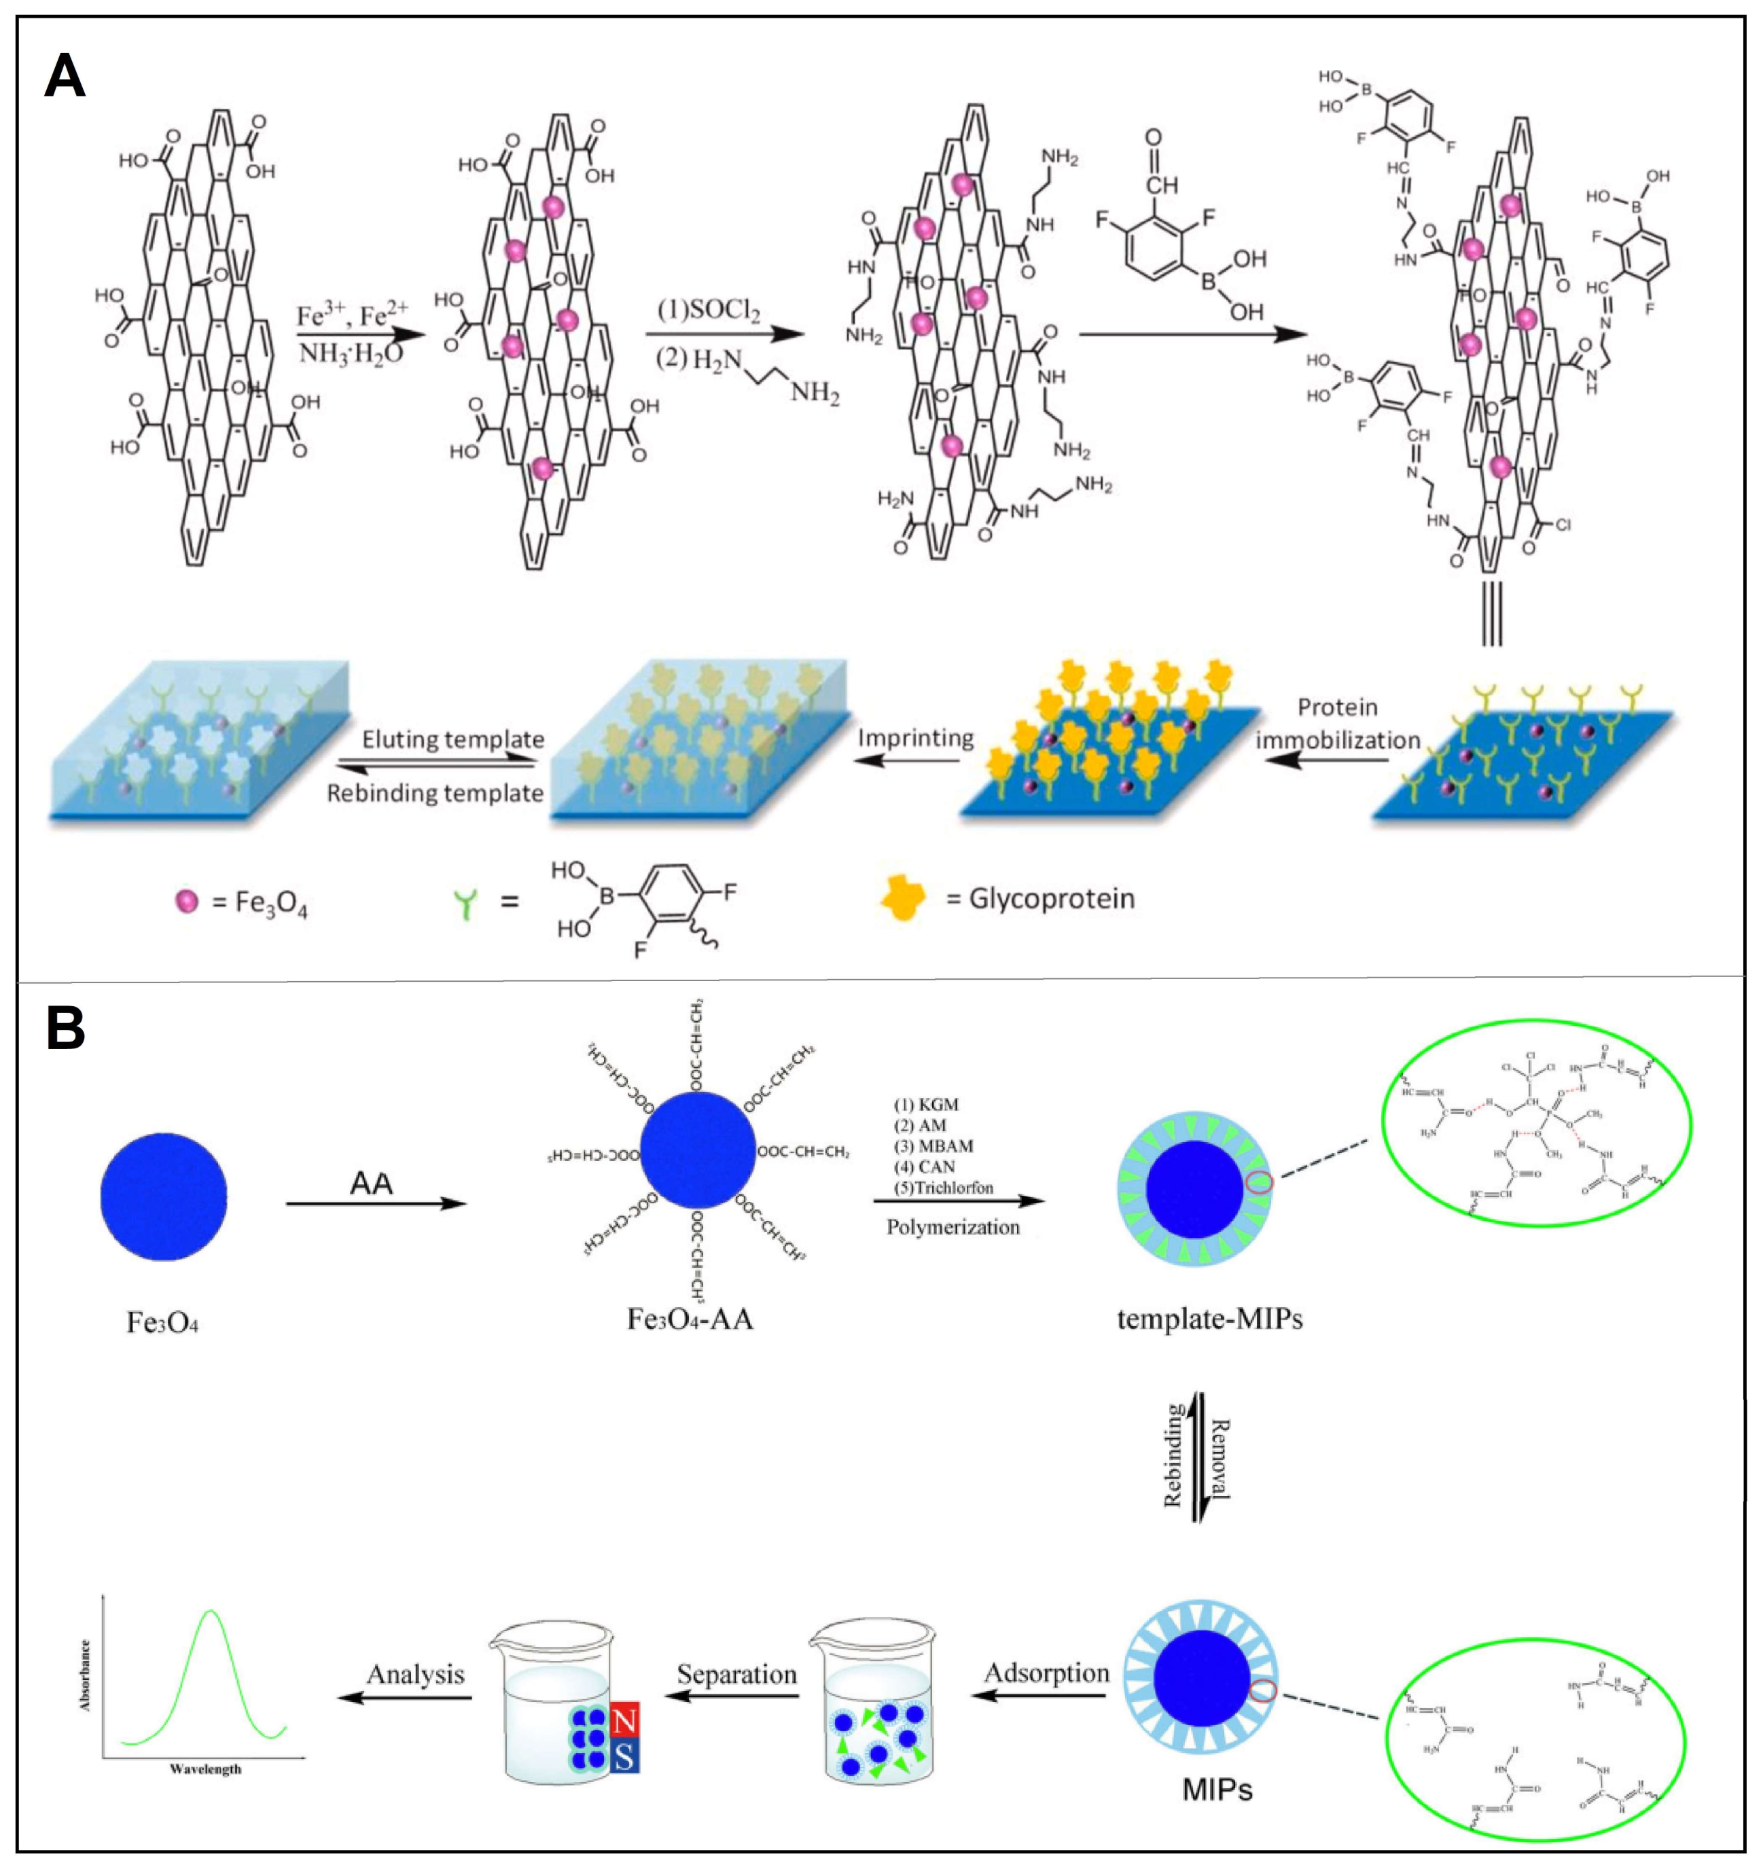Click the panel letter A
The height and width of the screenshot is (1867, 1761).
click(65, 76)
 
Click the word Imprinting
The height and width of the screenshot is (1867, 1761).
click(916, 738)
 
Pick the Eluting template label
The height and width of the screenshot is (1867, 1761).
click(452, 739)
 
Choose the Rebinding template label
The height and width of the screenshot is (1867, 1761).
click(435, 794)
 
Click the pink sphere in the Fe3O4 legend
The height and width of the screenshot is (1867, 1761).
click(187, 902)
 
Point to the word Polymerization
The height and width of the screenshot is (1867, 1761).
click(953, 1228)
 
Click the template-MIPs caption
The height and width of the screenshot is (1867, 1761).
click(1210, 1319)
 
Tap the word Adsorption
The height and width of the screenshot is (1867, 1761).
click(1046, 1673)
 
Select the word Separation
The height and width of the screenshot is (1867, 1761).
click(736, 1675)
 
